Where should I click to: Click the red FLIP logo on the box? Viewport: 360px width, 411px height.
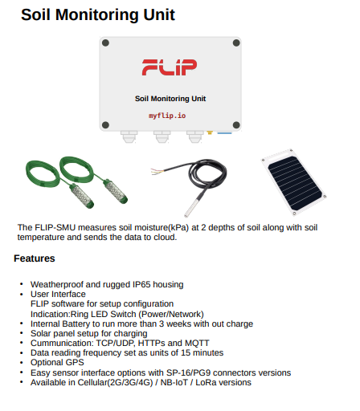[x=170, y=67]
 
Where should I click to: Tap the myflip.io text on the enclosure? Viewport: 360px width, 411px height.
[x=167, y=116]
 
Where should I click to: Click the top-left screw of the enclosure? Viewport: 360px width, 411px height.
[x=105, y=43]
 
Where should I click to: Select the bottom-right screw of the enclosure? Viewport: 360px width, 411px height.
[x=236, y=124]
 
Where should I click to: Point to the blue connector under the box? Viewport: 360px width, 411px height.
[x=224, y=132]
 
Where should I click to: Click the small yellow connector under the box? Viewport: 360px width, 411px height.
[x=210, y=132]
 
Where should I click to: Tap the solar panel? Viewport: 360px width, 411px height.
[x=294, y=182]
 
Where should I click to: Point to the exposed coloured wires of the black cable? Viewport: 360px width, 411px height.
[x=157, y=172]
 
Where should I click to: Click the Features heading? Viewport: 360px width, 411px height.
[x=35, y=258]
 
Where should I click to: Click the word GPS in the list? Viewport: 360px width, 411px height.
[x=75, y=362]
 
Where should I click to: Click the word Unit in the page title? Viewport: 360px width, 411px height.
[x=159, y=14]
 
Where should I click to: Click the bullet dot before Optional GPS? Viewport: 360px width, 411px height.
[x=22, y=362]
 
